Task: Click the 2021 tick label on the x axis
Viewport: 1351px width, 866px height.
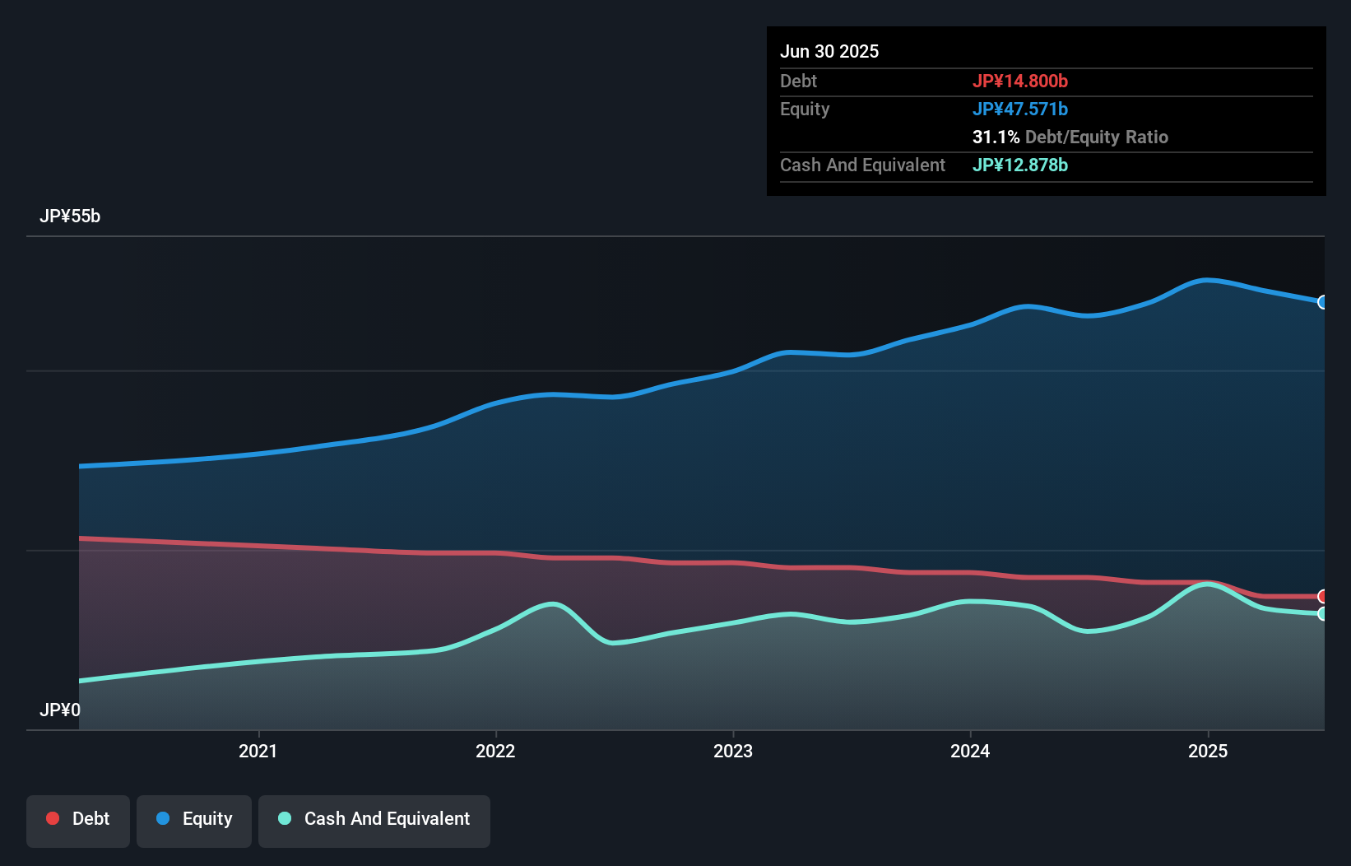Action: [258, 751]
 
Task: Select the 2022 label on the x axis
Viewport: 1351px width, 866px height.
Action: [495, 751]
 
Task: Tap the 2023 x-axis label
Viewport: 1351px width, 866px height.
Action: [732, 751]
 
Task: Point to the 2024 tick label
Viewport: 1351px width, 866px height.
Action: [970, 751]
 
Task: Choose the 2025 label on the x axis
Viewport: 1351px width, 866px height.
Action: [1207, 751]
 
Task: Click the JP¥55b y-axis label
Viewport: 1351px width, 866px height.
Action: [70, 216]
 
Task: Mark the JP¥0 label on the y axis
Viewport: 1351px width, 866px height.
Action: [60, 710]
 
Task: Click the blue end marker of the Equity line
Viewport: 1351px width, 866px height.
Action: [1323, 302]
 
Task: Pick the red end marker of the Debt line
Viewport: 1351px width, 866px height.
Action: [1323, 596]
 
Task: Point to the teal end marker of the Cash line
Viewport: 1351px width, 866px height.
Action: [1323, 613]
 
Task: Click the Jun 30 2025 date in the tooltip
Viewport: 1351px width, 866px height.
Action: [829, 51]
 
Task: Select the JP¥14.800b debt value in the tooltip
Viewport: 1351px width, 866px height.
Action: [1019, 81]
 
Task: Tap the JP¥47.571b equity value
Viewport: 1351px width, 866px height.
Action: [1019, 109]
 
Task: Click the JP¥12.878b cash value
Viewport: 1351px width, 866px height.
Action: [1019, 165]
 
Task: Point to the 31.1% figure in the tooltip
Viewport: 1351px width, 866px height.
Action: [996, 137]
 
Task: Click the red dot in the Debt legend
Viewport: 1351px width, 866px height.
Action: [53, 818]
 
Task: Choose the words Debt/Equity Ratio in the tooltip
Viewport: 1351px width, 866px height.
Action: [1096, 137]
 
